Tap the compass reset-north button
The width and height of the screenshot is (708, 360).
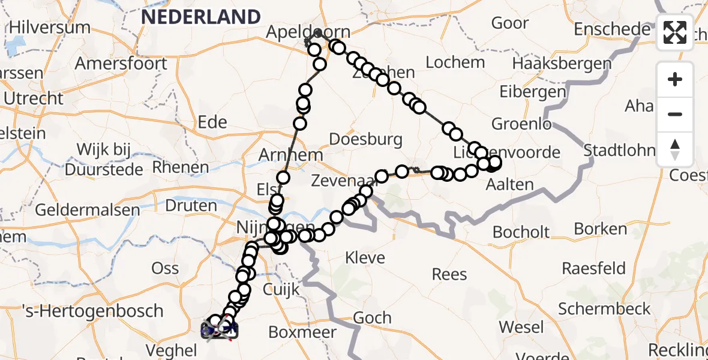pos(675,149)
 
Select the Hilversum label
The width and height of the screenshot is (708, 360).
pos(50,27)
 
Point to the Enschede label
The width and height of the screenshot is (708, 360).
pos(612,29)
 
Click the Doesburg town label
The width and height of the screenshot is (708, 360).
pos(366,140)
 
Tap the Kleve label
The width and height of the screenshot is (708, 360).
pos(365,258)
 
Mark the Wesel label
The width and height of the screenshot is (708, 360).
pos(521,328)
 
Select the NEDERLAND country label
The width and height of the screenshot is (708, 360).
pos(201,16)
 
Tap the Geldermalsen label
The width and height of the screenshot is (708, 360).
pos(87,211)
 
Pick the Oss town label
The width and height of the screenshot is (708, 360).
pos(165,268)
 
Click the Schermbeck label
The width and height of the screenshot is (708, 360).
pos(604,309)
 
